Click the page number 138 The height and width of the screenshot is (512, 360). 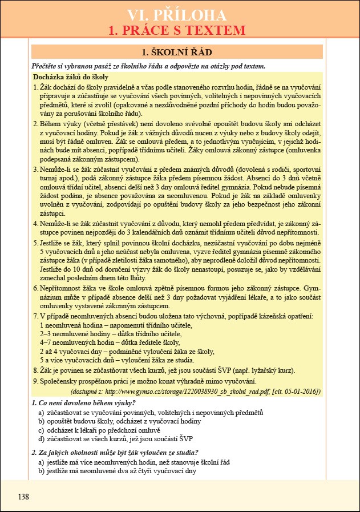click(23, 497)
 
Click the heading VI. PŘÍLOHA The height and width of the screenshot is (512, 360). click(180, 15)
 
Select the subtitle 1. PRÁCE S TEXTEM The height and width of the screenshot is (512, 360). click(180, 30)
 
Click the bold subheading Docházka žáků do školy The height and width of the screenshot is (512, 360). click(71, 77)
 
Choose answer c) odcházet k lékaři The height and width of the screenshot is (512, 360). click(106, 430)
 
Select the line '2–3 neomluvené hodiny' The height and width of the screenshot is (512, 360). click(103, 333)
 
